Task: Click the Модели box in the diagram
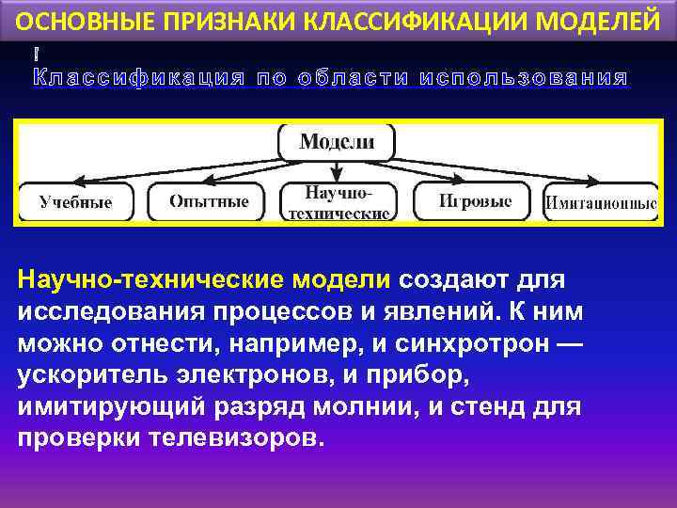coord(337,142)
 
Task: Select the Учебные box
coord(76,202)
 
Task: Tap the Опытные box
coord(209,201)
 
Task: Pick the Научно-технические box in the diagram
coord(338,202)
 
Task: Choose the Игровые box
coord(475,201)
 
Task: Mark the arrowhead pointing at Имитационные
coord(595,182)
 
